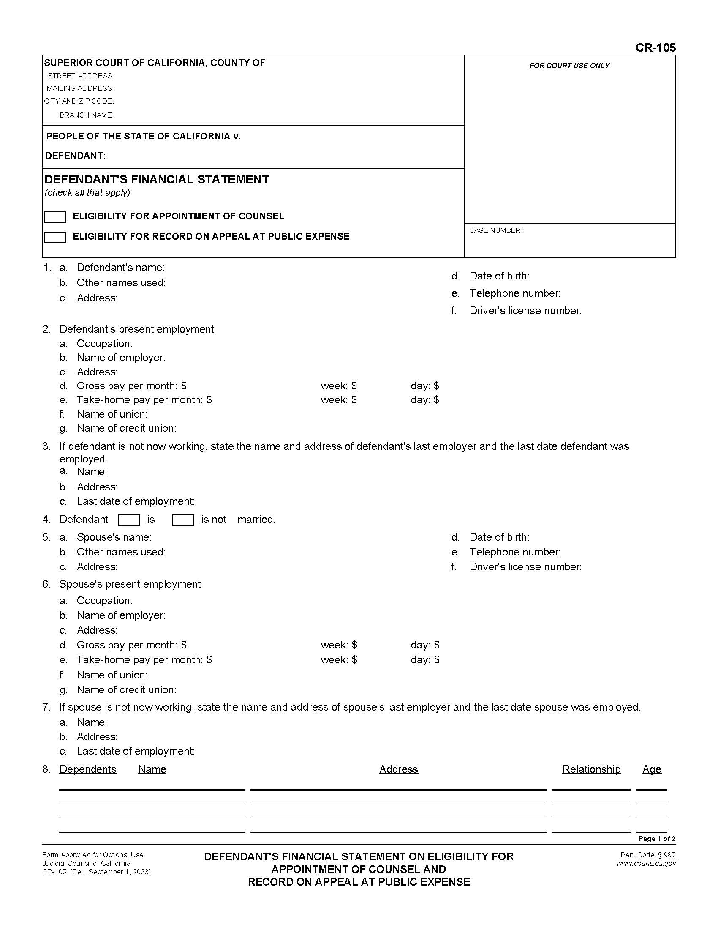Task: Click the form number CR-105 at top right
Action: click(x=655, y=48)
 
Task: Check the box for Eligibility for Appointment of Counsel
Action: click(x=55, y=217)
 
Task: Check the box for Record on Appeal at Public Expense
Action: click(x=55, y=237)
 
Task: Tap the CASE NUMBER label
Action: click(x=495, y=230)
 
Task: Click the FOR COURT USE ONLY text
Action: click(x=569, y=66)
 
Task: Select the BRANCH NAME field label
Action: click(x=86, y=115)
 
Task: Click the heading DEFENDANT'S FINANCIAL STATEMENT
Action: click(x=157, y=179)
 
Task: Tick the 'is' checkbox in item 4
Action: click(x=129, y=520)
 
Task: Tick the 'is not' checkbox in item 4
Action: click(x=183, y=520)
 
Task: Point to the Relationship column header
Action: click(x=591, y=769)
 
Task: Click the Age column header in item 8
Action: click(x=652, y=769)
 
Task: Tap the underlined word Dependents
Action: click(x=87, y=769)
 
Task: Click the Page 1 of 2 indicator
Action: click(x=657, y=838)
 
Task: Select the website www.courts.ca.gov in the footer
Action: click(x=646, y=863)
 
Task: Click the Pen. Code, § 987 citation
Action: click(x=648, y=855)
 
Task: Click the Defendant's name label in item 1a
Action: click(x=120, y=268)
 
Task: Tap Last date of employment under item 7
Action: click(x=135, y=751)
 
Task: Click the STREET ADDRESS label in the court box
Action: click(x=80, y=76)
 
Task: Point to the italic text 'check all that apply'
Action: click(x=87, y=192)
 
